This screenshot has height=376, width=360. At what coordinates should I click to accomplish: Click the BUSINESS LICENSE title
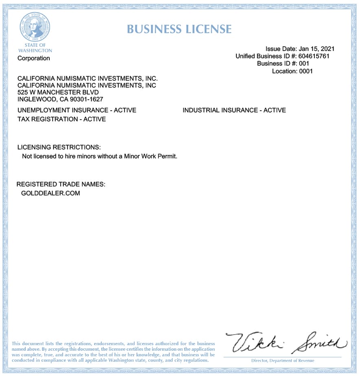tap(179, 29)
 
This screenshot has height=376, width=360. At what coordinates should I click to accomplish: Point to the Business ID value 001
tap(304, 63)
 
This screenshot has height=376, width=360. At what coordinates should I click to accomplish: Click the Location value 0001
tap(306, 71)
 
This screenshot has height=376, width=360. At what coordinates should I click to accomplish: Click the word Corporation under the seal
tap(34, 58)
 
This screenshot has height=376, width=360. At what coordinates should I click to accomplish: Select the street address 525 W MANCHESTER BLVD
tap(58, 92)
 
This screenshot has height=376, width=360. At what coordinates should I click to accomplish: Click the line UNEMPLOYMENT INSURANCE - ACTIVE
tap(77, 110)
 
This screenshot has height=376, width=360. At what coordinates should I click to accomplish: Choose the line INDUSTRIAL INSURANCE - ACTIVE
tap(234, 110)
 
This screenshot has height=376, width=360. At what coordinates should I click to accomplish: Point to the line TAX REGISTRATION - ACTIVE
tap(61, 119)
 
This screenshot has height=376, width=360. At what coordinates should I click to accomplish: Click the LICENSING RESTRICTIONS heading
tap(59, 147)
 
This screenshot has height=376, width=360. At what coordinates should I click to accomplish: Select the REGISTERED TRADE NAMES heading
tap(61, 184)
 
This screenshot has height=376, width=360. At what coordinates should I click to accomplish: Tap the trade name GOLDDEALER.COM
tap(50, 193)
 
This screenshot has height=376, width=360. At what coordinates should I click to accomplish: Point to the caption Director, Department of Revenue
tap(283, 361)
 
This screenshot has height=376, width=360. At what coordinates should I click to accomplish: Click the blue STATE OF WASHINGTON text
tap(35, 48)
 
